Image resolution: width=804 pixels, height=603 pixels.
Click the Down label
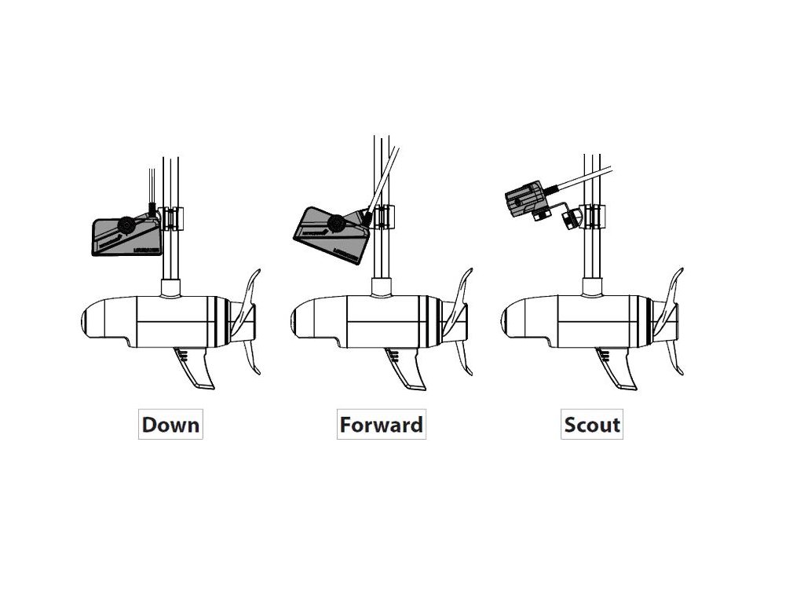pos(170,425)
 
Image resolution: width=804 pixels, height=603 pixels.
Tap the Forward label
pos(381,425)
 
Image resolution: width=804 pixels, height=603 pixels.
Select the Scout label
pos(592,425)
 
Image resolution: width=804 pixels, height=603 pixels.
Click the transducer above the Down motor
pos(126,236)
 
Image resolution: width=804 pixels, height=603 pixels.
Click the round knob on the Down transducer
pos(125,226)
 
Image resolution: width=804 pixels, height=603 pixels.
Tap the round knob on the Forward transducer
pos(335,224)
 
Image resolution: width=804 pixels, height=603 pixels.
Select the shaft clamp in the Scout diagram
pos(596,217)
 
